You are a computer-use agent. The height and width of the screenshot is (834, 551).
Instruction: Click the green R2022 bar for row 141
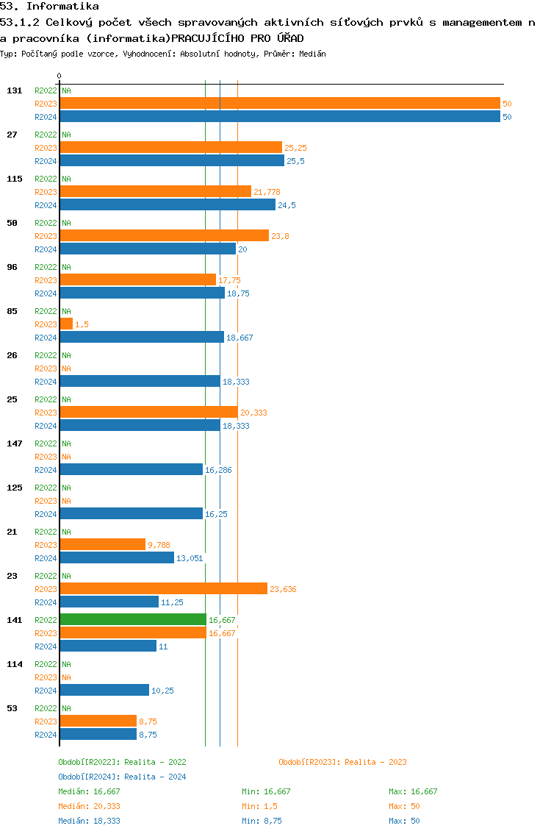(133, 619)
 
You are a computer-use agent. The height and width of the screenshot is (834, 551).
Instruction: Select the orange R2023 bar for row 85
(66, 324)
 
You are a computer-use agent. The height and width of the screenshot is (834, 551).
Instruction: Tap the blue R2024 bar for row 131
(279, 116)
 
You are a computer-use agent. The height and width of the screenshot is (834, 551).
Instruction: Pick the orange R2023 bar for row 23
(163, 588)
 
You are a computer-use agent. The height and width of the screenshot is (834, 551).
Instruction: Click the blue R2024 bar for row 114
(104, 690)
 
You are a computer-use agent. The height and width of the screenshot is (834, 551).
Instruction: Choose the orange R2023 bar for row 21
(102, 544)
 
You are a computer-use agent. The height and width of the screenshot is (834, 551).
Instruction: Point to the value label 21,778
(267, 192)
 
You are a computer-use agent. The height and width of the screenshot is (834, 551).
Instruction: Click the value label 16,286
(218, 470)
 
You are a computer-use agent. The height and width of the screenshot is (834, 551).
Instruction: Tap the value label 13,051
(190, 558)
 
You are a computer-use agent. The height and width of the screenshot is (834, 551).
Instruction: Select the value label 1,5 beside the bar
(82, 324)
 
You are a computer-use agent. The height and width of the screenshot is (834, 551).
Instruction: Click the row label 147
(15, 443)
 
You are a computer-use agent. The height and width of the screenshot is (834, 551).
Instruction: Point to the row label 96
(12, 267)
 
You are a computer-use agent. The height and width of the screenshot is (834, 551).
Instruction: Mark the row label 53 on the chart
(12, 708)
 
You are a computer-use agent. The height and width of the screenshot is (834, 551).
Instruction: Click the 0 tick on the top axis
(60, 76)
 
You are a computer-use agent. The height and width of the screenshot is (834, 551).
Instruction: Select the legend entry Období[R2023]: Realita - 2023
(342, 762)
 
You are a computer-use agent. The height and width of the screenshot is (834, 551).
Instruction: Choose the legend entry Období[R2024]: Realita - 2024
(122, 777)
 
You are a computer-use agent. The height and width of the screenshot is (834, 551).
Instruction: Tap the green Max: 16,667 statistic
(413, 791)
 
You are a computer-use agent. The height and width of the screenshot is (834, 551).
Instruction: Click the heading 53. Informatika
(49, 7)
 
